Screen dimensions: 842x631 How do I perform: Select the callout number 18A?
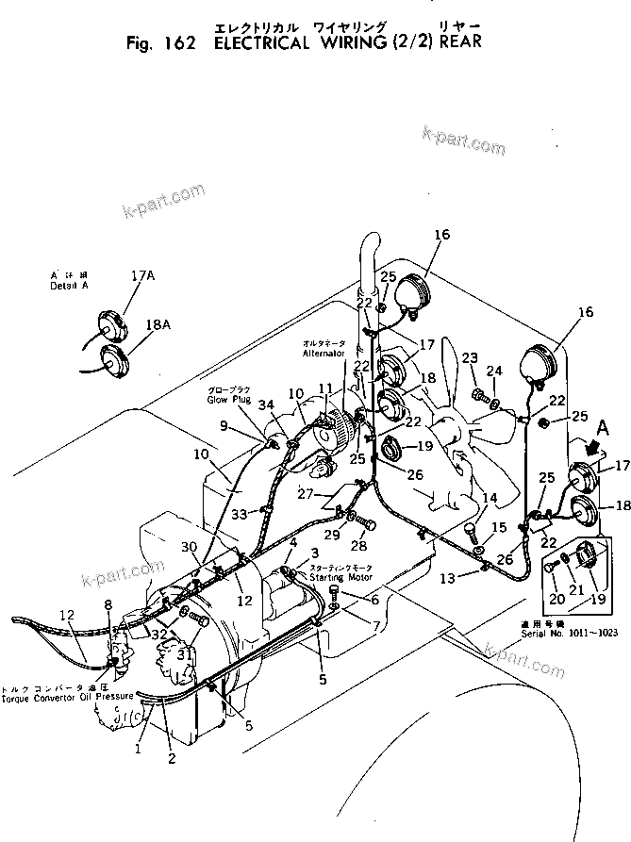pos(158,325)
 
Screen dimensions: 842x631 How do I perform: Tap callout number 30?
pos(191,546)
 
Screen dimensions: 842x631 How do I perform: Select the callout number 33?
pos(240,515)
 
